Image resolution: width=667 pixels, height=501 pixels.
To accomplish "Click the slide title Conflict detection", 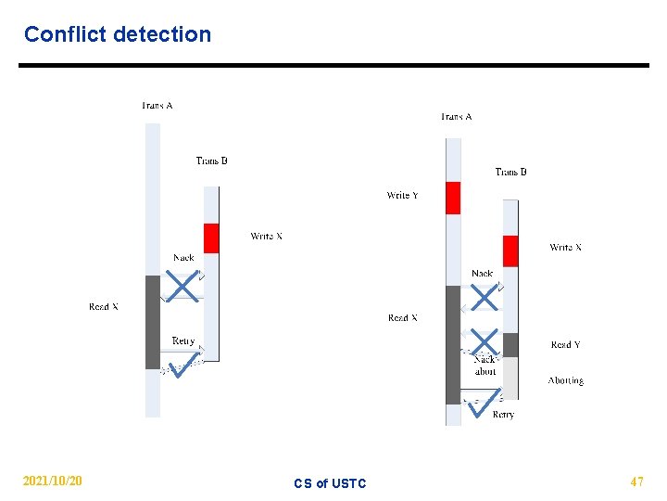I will click(118, 34).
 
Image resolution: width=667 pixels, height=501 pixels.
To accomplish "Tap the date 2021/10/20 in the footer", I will click(52, 482).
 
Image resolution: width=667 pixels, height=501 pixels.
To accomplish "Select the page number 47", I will click(636, 482).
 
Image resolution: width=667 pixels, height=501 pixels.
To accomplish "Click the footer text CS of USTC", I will click(330, 483).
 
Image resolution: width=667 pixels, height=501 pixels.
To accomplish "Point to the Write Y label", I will click(402, 195).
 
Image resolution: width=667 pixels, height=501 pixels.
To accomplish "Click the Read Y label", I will click(565, 344).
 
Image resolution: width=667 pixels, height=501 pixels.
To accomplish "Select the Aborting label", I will click(565, 380).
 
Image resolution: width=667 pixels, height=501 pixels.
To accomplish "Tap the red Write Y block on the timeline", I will click(453, 198).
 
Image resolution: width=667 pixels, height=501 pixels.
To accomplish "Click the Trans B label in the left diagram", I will click(211, 161).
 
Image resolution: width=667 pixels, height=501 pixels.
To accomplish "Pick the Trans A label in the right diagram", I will click(456, 116).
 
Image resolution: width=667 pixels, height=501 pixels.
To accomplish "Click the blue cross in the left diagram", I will click(183, 287).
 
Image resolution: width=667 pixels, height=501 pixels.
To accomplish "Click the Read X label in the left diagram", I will click(104, 306).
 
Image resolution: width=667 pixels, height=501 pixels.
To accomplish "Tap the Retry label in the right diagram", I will click(503, 415).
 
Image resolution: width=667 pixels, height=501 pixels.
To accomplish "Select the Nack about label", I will click(485, 365).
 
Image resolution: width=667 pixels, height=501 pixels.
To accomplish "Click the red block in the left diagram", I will click(211, 238).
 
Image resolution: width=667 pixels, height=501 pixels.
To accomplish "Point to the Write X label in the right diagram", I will click(565, 247).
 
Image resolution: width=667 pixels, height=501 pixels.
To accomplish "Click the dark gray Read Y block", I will click(510, 345).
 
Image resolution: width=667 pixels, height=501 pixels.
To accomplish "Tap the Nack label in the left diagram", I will click(183, 257).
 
